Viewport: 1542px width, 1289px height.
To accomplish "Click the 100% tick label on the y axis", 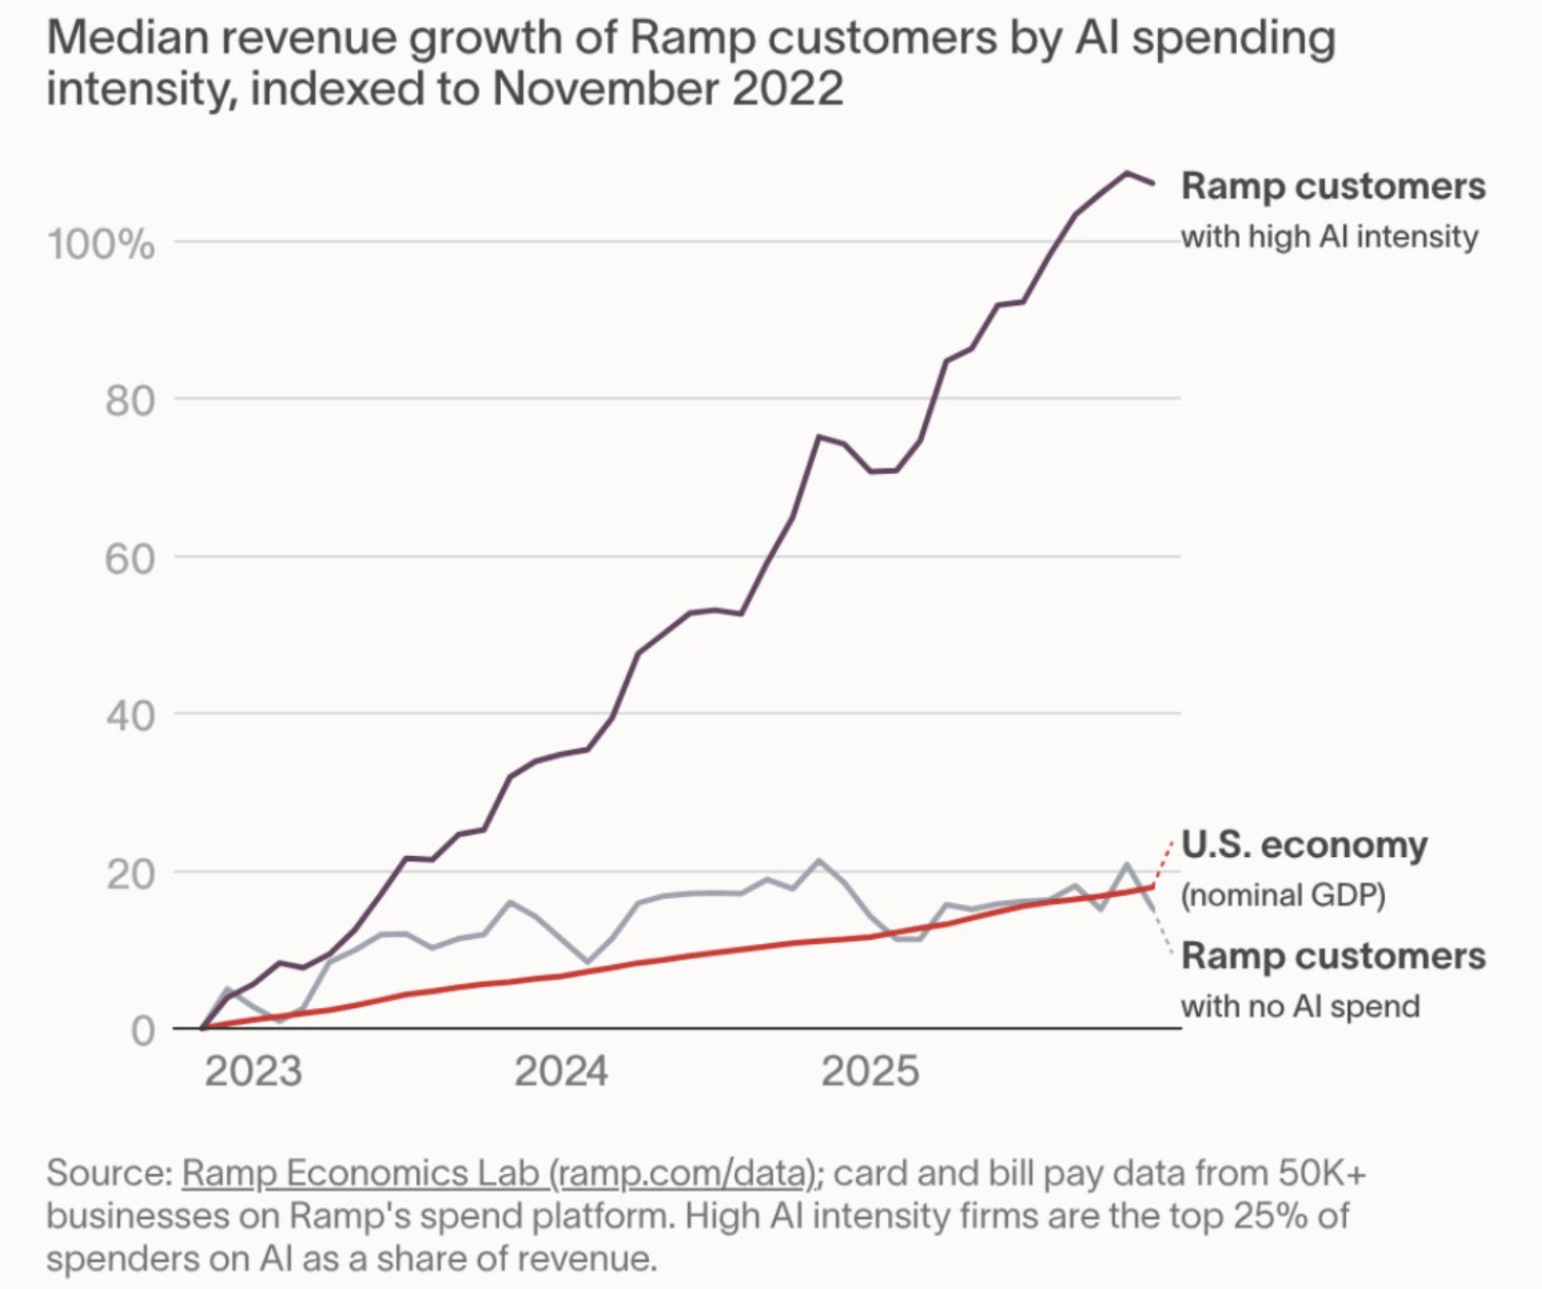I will [100, 244].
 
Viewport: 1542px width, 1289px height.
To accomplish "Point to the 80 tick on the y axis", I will [130, 401].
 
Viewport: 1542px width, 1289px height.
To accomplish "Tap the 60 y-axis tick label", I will [130, 559].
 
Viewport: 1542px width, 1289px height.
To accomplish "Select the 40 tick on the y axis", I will [130, 716].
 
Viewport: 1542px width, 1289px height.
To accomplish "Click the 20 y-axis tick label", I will [130, 874].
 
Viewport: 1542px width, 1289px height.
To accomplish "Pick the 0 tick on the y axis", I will [142, 1031].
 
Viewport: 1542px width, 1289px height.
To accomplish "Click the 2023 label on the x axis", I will [253, 1072].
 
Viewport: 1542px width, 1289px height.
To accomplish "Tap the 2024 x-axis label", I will [560, 1072].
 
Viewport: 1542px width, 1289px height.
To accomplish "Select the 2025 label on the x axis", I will [869, 1072].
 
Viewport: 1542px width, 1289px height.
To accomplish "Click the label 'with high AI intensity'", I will [1329, 237].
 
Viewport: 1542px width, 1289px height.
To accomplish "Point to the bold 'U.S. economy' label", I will [1303, 844].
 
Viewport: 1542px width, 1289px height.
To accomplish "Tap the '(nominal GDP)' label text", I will [1283, 895].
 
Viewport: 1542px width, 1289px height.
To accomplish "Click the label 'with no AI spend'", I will [1299, 1006].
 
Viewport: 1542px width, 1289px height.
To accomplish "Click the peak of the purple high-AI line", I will [1127, 173].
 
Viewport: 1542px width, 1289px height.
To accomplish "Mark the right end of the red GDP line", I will [1153, 886].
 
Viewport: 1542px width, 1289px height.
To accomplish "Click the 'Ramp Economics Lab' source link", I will [361, 1173].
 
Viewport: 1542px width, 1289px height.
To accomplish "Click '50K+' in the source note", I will [1321, 1173].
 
